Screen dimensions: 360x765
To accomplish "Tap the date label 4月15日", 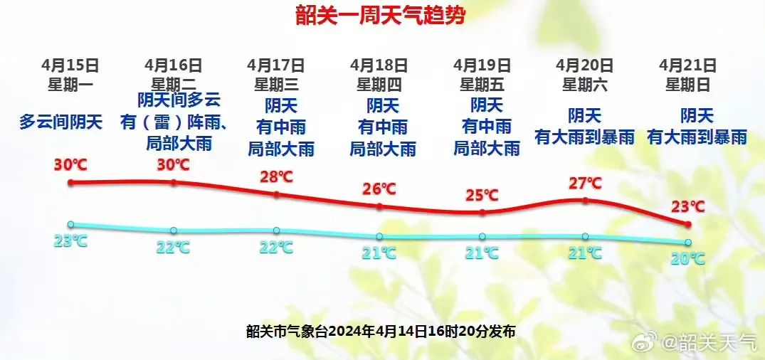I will [x=70, y=65].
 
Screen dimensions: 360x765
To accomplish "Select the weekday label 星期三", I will [x=276, y=85].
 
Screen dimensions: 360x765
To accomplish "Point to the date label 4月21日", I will [x=687, y=65].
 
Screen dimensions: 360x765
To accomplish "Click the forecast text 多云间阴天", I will [x=60, y=122].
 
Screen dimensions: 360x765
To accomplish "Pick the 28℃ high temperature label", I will [x=276, y=176].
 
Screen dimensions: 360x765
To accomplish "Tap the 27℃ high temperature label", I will [x=585, y=184].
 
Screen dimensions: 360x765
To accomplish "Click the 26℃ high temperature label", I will [x=379, y=189].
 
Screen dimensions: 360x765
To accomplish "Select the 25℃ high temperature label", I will [x=482, y=194].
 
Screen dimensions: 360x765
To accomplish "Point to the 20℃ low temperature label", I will [x=687, y=258].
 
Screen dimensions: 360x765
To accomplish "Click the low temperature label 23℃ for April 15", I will [x=70, y=240].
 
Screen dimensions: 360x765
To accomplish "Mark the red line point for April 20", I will [x=585, y=201].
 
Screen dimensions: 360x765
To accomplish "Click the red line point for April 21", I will [x=687, y=224].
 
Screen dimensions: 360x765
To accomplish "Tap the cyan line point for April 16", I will [x=174, y=231].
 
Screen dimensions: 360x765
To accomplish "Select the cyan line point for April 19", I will [x=482, y=237].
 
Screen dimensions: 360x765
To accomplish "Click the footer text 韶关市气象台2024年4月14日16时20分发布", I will [x=380, y=331].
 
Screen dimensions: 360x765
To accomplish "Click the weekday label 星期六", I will [x=584, y=85].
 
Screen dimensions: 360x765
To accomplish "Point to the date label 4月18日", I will [x=379, y=65].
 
